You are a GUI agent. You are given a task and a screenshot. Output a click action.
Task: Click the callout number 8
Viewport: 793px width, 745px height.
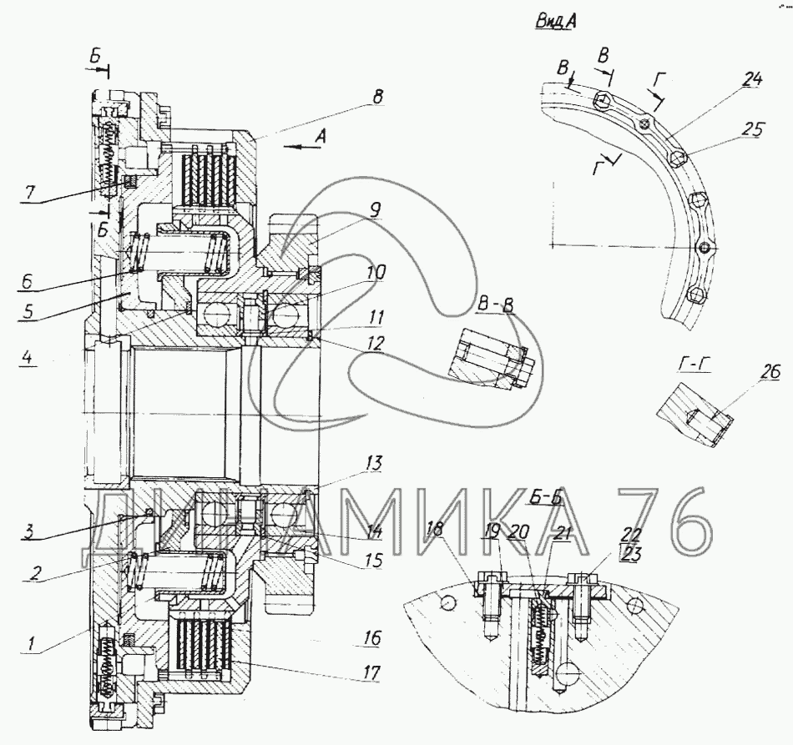(x=377, y=98)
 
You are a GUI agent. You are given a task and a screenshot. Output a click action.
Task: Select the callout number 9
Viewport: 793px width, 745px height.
(x=376, y=212)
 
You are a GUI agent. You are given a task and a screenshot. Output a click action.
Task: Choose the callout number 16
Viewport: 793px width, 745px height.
(x=371, y=638)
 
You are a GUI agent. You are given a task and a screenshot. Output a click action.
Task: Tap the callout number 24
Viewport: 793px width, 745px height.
(x=753, y=80)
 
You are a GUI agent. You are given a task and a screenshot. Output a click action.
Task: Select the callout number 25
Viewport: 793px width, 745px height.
(x=754, y=129)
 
